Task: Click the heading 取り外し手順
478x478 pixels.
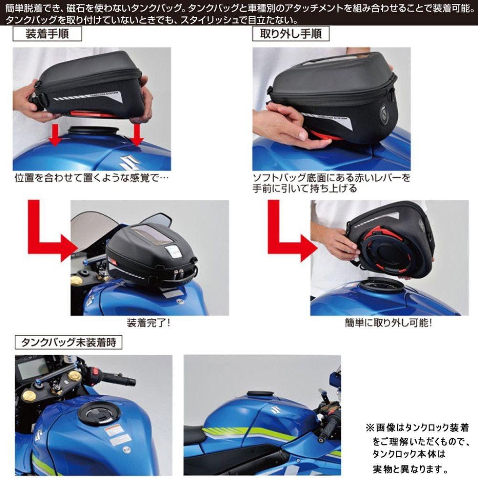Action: click(290, 35)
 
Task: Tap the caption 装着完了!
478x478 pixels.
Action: click(148, 323)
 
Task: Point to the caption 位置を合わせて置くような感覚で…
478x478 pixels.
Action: click(91, 178)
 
